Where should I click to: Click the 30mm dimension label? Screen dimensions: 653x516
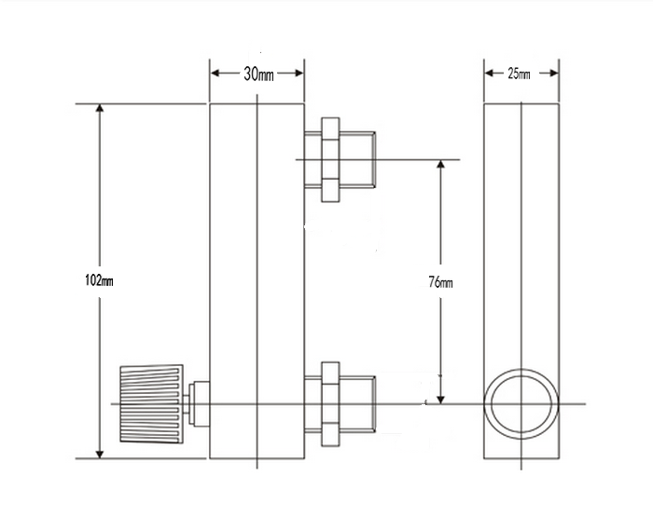(258, 75)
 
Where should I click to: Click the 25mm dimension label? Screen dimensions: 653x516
(519, 74)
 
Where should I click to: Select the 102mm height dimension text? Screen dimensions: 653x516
(99, 280)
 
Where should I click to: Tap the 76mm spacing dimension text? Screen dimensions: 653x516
(440, 283)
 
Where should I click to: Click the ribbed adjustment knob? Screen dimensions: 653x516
(151, 403)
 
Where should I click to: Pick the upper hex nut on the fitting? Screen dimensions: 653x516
(330, 159)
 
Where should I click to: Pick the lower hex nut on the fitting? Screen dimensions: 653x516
(330, 404)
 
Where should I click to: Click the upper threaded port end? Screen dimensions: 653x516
(357, 159)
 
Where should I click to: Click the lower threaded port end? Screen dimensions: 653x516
(357, 404)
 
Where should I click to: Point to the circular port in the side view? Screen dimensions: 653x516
(521, 369)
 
